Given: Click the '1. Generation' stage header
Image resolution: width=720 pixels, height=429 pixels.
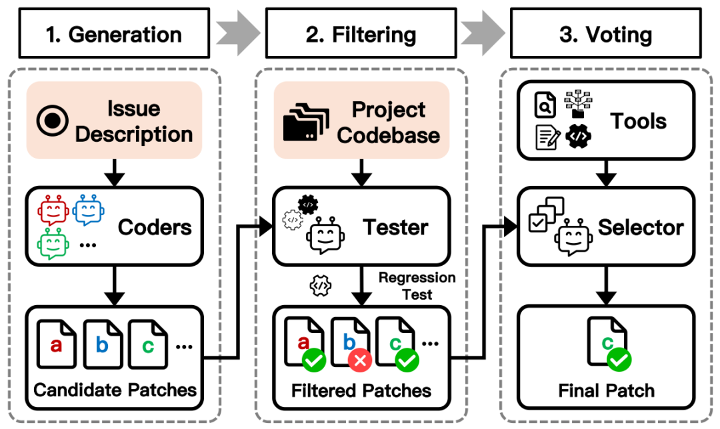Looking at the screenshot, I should (x=115, y=34).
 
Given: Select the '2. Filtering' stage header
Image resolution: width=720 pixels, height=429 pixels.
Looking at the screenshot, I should (x=361, y=34).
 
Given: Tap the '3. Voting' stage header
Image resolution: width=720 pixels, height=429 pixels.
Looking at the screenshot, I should (x=607, y=34).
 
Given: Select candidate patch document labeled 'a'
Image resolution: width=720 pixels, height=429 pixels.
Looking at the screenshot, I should (x=57, y=344).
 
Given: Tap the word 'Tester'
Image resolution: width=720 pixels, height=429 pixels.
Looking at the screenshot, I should (x=396, y=227).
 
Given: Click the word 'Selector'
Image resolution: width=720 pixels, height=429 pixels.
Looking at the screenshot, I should (x=641, y=227).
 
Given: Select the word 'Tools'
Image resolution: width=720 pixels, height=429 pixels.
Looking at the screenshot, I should (x=638, y=121).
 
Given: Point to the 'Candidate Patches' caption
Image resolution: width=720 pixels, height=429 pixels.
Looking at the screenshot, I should (x=115, y=390).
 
